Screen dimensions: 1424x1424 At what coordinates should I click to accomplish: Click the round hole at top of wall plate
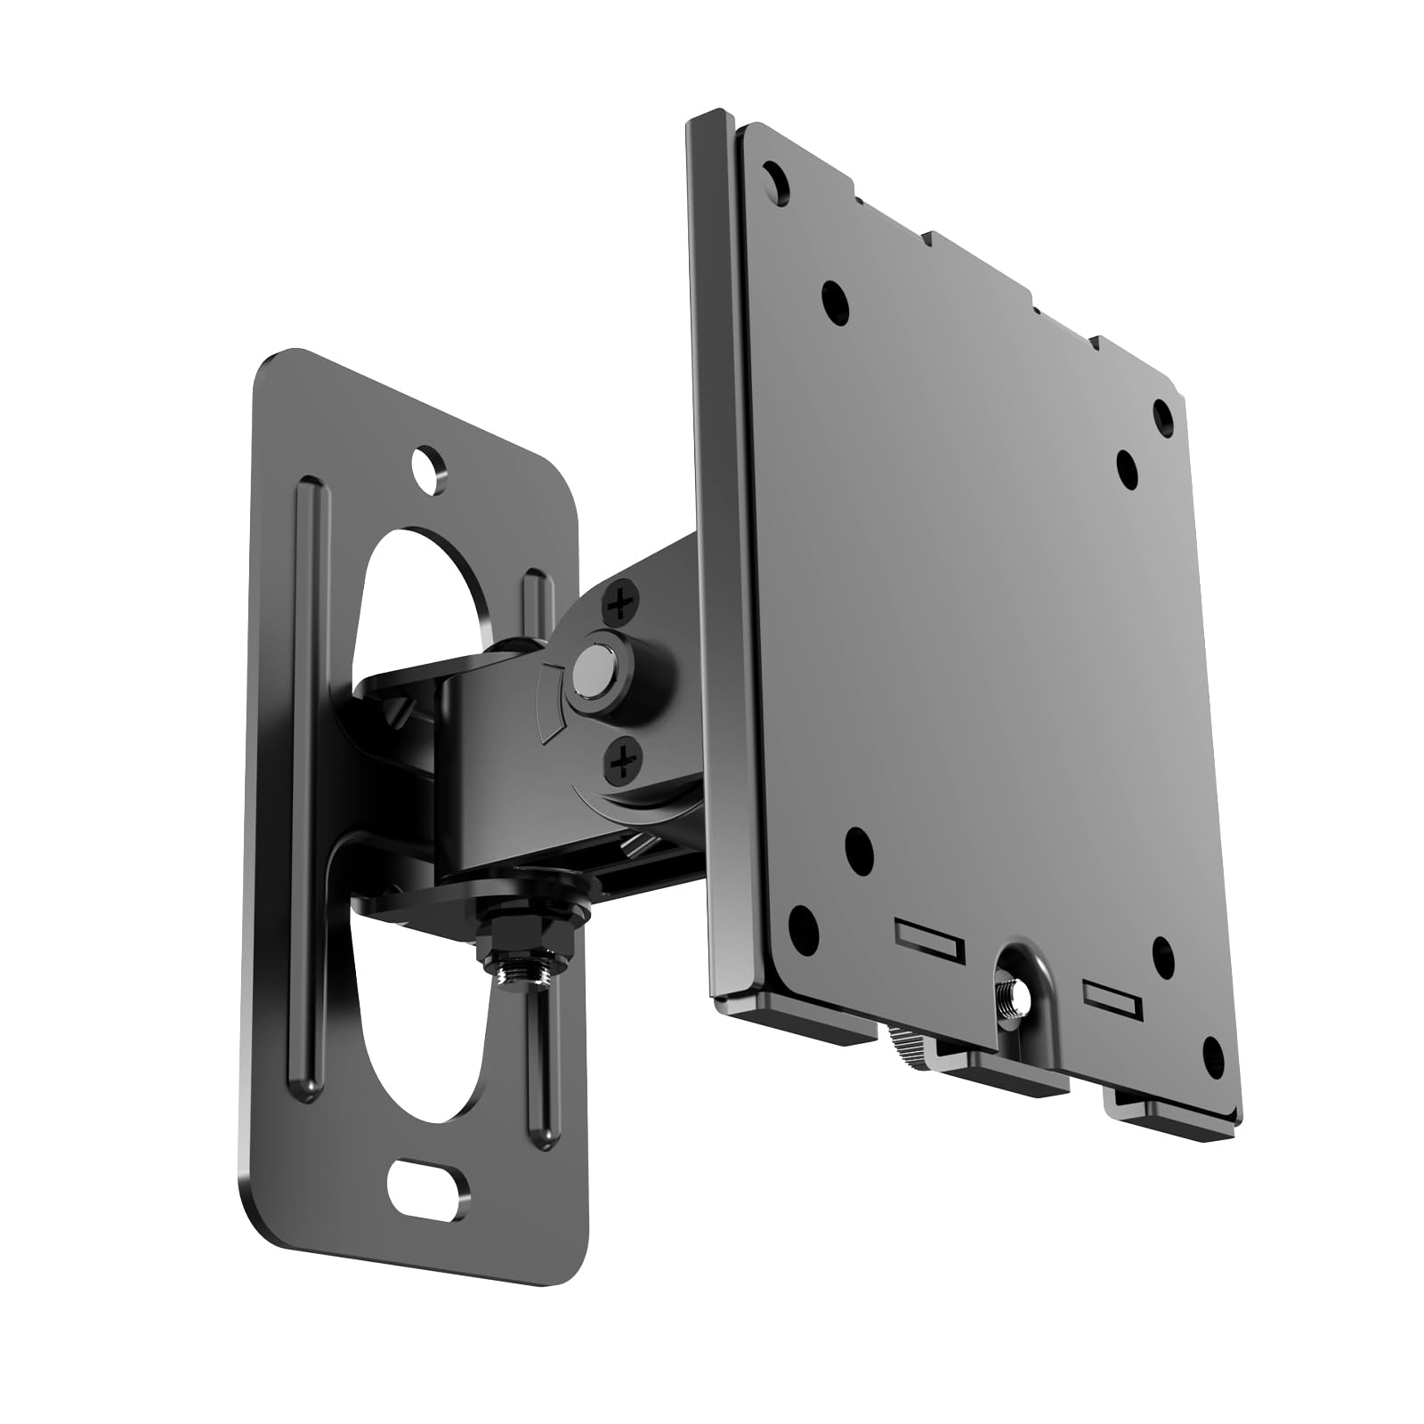[430, 466]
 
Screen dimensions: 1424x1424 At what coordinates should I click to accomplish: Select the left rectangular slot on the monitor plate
[927, 939]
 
